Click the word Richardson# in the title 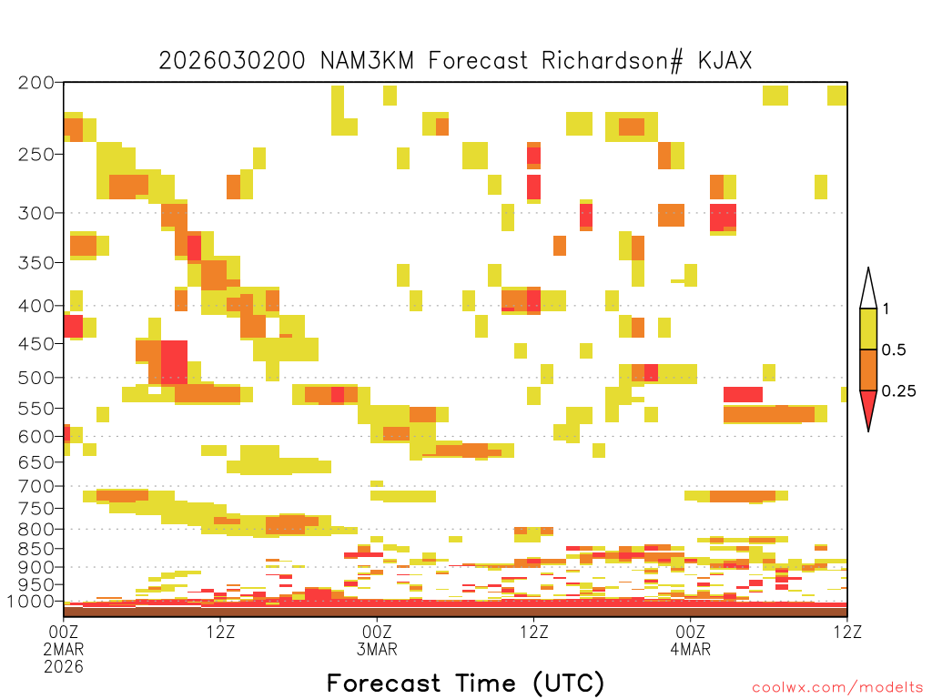(613, 61)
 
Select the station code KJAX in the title (725, 61)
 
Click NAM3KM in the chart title (367, 61)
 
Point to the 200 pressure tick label (35, 83)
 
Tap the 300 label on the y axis (35, 213)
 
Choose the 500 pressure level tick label (35, 378)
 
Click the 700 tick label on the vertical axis (35, 486)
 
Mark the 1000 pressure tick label (30, 602)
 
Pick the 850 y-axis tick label (35, 549)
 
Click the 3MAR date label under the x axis (377, 649)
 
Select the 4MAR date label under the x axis (690, 649)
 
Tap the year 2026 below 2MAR (64, 667)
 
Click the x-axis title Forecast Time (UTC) (465, 684)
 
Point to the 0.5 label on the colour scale (894, 350)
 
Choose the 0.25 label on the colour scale (898, 391)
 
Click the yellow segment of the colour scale (868, 329)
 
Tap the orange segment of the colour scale (868, 370)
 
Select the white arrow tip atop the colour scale (868, 268)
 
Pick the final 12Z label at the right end (847, 632)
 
